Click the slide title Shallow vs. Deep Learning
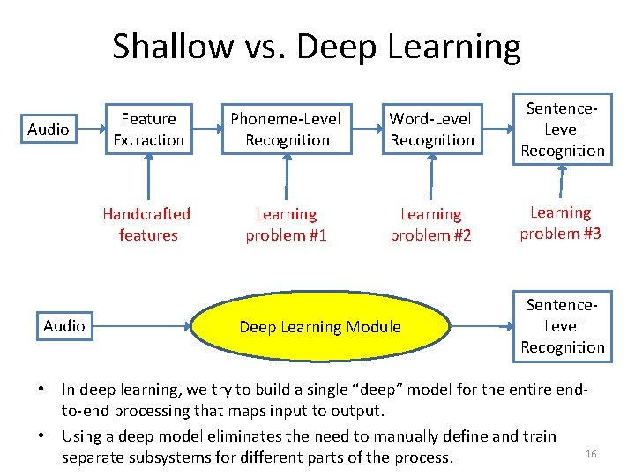(x=317, y=46)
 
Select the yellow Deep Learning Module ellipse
(x=319, y=327)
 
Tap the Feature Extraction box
(x=148, y=130)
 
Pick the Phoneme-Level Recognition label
(x=287, y=130)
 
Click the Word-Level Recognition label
(x=431, y=130)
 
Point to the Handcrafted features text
(x=146, y=225)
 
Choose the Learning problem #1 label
(x=286, y=225)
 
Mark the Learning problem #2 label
(x=430, y=225)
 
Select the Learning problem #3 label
(x=561, y=223)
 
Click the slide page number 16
(x=591, y=453)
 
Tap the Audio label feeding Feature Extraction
(x=49, y=130)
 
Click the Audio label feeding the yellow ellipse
(x=64, y=326)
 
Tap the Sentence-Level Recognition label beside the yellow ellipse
(x=562, y=326)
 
